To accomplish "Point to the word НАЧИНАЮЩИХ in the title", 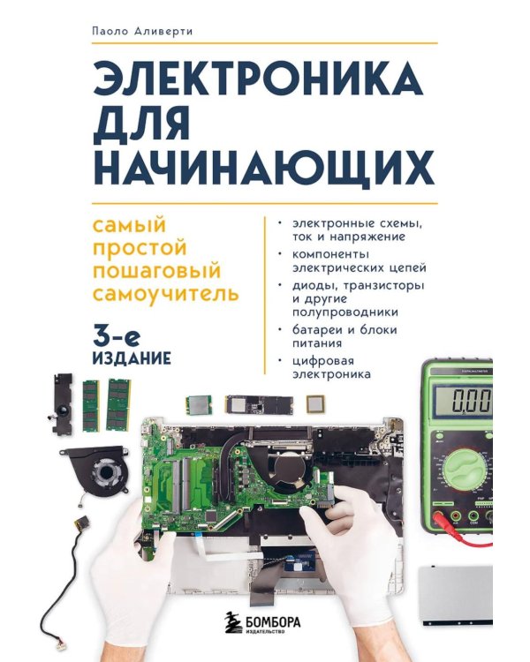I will click(x=264, y=167).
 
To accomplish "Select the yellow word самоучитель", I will click(x=167, y=292).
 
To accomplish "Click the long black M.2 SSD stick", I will click(x=257, y=405).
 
